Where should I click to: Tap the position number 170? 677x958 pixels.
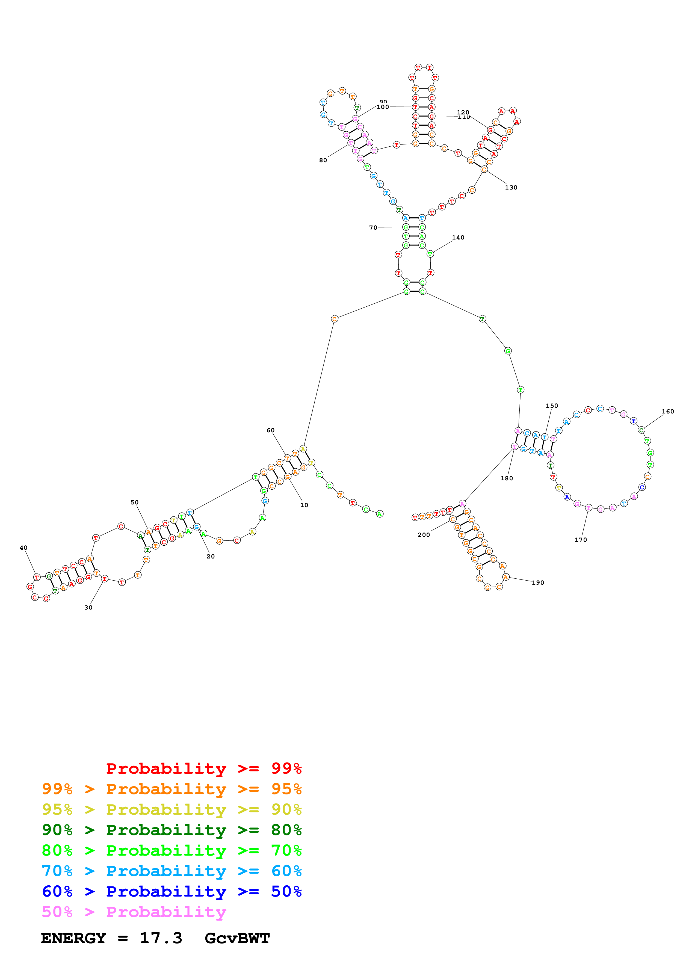(x=580, y=540)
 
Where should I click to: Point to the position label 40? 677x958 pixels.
(x=23, y=548)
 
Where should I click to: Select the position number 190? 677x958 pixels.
(x=538, y=583)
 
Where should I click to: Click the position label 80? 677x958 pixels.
(x=323, y=160)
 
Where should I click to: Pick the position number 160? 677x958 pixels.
(x=667, y=411)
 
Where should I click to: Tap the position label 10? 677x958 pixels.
(x=304, y=505)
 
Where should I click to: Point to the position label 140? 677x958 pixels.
(x=458, y=237)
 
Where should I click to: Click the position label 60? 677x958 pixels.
(x=271, y=430)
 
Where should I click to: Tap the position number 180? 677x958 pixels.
(x=506, y=478)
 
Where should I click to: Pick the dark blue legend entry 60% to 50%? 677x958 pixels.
(x=172, y=891)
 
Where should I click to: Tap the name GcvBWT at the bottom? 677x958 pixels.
(x=237, y=938)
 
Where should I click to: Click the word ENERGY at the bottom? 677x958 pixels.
(x=73, y=938)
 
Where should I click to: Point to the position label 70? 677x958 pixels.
(x=373, y=227)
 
